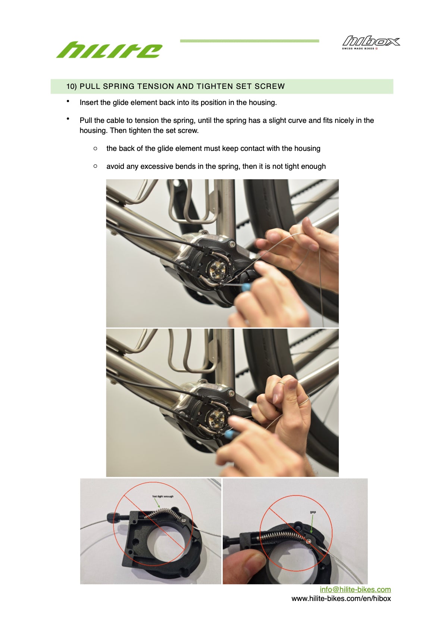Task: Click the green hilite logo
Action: point(109,50)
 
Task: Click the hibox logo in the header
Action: point(371,41)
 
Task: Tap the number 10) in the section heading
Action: point(72,86)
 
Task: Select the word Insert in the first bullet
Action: point(89,102)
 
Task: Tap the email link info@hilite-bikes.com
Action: point(355,589)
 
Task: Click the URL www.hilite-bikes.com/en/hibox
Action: point(341,598)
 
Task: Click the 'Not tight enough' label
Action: point(163,496)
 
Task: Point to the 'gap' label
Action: point(313,512)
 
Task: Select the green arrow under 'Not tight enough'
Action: point(157,503)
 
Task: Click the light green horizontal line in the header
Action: point(249,41)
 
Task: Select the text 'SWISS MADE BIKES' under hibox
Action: point(358,49)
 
